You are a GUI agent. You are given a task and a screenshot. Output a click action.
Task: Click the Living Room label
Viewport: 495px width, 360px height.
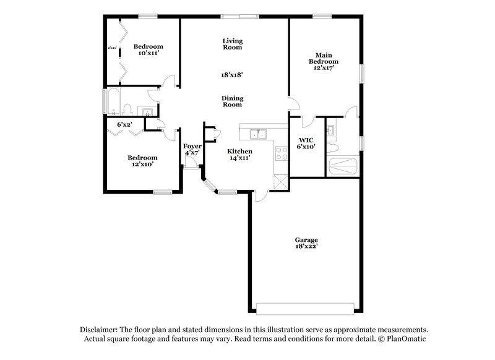click(232, 44)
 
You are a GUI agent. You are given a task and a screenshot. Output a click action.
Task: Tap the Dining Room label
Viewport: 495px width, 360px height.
click(232, 101)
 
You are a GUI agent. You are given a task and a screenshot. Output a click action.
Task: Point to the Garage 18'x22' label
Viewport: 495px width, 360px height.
click(306, 242)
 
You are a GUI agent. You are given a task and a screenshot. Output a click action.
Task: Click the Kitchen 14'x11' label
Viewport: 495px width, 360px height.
click(239, 155)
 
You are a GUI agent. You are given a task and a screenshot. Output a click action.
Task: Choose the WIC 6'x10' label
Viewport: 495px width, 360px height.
click(306, 144)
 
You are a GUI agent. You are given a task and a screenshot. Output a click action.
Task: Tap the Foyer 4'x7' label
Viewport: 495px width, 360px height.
click(192, 148)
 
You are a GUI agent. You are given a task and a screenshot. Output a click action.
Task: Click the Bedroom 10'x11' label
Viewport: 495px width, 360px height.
click(148, 49)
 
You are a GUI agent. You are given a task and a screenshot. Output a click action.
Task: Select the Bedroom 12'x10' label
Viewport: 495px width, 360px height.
click(142, 161)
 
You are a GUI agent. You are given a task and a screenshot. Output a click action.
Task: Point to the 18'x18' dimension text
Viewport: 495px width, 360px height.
click(232, 74)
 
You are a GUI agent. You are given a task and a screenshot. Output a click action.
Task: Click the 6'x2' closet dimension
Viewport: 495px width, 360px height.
click(125, 124)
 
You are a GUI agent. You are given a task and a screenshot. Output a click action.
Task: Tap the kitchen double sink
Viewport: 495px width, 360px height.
click(258, 134)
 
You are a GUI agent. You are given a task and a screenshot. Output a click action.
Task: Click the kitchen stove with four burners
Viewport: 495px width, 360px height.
click(282, 153)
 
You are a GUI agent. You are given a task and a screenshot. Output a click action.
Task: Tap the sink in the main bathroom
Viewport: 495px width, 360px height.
click(330, 129)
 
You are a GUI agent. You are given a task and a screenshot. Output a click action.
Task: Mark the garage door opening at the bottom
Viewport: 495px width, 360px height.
click(306, 308)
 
